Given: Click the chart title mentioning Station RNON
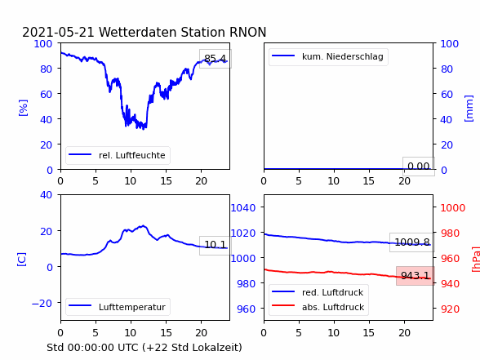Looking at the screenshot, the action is coord(144,32).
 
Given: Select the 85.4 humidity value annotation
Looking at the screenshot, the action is coord(216,59).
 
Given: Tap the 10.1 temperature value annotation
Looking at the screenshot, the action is coord(216,245).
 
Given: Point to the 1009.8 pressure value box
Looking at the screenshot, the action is coord(412,242).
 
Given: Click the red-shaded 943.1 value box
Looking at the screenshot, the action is coord(416,276).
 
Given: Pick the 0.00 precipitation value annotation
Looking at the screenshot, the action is coord(419,167).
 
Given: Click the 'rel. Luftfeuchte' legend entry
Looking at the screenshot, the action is coord(118,155).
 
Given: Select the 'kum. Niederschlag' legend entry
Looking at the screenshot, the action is coord(328,56).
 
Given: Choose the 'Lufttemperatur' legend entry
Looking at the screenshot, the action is coord(118,307).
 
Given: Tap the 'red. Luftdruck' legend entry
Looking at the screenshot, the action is coord(318,292).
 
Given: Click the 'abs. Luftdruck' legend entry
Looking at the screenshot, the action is coord(318,307).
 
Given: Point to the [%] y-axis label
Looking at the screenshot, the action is coord(23,108).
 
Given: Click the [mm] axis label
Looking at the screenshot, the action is coord(469,109).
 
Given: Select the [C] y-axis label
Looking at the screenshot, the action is coord(22,259).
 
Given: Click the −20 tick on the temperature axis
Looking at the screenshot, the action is coord(42,304).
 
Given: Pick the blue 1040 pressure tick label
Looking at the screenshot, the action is coord(243,208).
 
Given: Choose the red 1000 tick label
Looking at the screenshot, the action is coord(453,208).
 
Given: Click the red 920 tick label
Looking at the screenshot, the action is coord(451,309).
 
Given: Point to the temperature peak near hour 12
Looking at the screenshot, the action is coord(143,226).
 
